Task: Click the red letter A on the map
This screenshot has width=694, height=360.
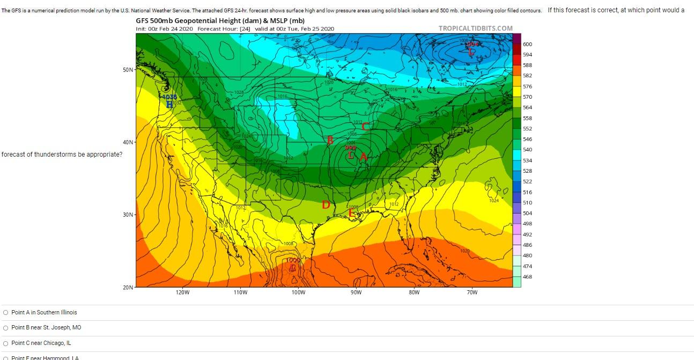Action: coord(363,157)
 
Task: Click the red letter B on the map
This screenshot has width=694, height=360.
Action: coord(330,140)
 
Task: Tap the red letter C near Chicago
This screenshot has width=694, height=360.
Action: coord(365,127)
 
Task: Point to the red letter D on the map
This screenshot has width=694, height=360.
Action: coord(326,205)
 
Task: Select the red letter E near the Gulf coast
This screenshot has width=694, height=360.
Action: coord(352,213)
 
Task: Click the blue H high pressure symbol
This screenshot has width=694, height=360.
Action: coord(169,104)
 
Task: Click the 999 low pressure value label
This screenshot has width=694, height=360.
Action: coord(351,148)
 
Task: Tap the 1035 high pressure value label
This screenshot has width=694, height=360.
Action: coord(170,97)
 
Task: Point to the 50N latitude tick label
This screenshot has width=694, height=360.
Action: coord(127,70)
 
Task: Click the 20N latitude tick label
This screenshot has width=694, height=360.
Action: coord(127,288)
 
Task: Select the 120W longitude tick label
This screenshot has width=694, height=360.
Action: coord(182,293)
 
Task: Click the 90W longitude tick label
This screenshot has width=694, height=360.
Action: coord(356,293)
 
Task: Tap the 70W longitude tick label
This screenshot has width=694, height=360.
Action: coord(472,293)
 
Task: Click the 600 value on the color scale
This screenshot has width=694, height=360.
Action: coord(527,44)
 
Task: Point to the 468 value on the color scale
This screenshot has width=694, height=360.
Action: coord(527,276)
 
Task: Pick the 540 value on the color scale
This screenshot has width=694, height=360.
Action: coord(527,150)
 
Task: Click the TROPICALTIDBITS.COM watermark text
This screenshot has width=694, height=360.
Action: coord(475,28)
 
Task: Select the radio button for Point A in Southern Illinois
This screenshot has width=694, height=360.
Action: coord(5,313)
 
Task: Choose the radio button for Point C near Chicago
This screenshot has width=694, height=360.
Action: coord(5,343)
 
